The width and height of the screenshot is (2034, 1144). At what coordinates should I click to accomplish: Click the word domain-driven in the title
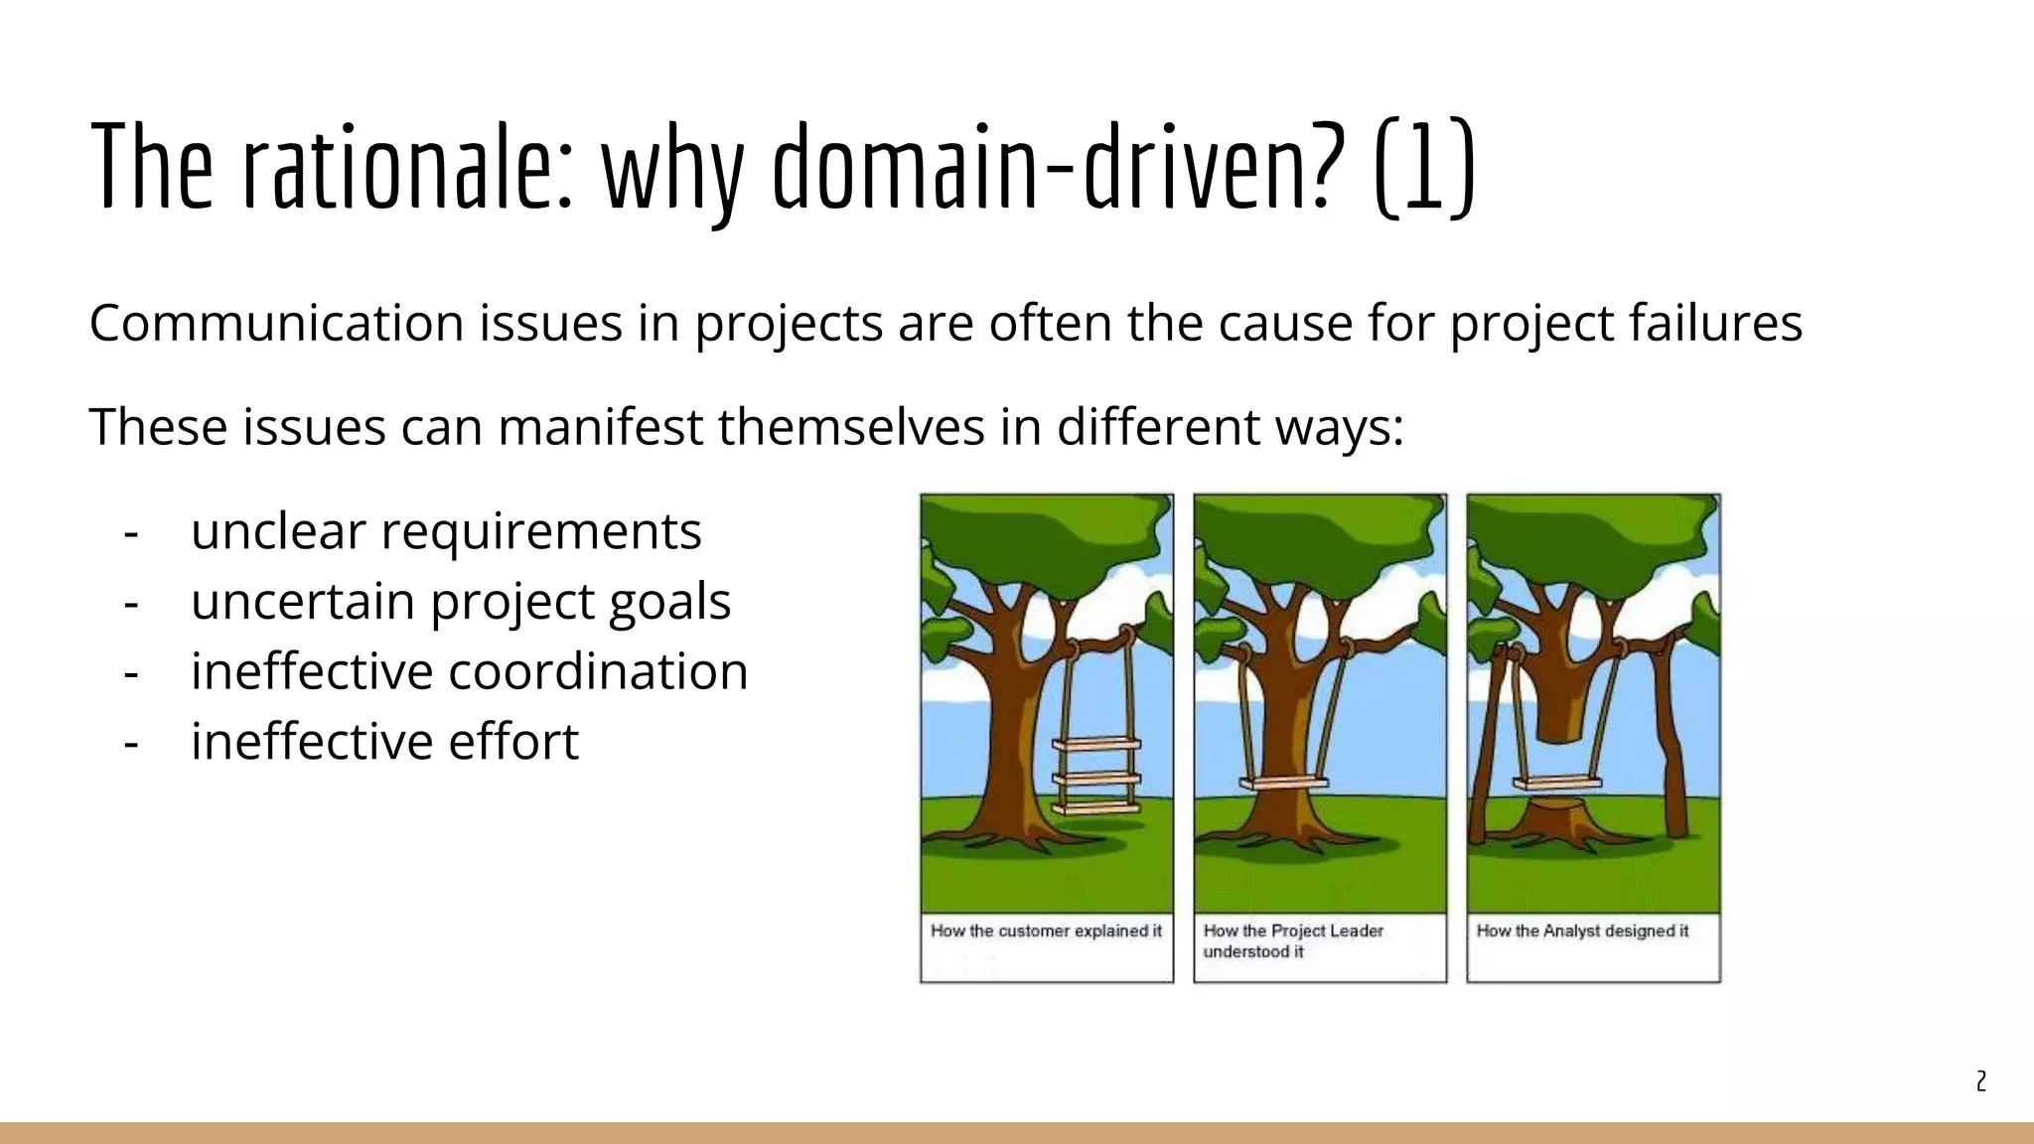click(x=1052, y=165)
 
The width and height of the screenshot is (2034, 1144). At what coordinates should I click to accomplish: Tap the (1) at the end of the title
click(x=1424, y=165)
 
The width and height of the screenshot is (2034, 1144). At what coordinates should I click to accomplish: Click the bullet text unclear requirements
click(x=446, y=530)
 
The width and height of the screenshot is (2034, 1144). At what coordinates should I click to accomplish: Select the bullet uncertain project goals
click(x=461, y=601)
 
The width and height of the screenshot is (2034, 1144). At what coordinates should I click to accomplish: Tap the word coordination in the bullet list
click(x=598, y=670)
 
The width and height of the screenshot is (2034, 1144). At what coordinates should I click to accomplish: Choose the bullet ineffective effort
click(x=384, y=741)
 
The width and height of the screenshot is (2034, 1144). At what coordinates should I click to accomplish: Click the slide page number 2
click(x=1980, y=1081)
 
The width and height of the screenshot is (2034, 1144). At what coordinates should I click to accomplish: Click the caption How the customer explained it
click(x=1046, y=931)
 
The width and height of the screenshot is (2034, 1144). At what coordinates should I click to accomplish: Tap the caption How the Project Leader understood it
click(x=1292, y=941)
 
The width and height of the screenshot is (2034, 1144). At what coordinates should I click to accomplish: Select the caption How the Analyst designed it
click(x=1582, y=931)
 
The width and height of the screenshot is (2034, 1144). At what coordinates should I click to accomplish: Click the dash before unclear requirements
click(x=130, y=532)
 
